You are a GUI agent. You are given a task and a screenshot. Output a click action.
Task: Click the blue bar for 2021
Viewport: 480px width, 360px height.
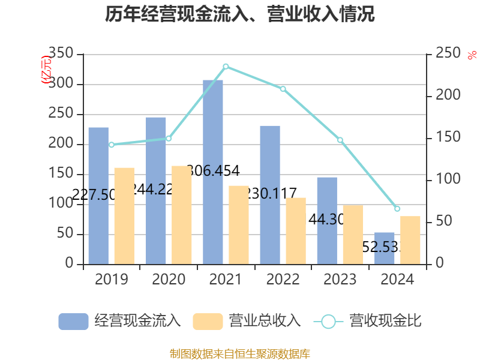[213, 172]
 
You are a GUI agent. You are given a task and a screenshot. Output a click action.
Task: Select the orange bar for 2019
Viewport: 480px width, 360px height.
[124, 215]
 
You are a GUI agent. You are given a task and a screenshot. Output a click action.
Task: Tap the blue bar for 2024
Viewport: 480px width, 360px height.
[385, 248]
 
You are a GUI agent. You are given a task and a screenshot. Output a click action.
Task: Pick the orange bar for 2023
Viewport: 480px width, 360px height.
[353, 234]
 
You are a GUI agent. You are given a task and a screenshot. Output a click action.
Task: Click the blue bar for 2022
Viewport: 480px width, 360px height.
[270, 194]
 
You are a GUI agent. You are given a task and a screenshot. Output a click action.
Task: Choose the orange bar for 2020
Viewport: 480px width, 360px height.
[181, 215]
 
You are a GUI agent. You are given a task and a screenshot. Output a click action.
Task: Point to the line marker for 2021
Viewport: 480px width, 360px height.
[226, 66]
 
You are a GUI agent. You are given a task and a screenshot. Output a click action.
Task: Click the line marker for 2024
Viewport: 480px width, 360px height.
[397, 209]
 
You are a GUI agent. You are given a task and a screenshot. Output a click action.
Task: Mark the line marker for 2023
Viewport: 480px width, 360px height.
[340, 140]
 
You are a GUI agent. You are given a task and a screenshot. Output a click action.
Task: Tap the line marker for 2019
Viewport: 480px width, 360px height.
[112, 145]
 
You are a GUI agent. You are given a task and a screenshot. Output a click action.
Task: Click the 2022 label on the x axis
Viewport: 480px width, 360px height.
[283, 280]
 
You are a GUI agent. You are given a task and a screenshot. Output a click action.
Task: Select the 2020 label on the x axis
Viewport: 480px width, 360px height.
[169, 280]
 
